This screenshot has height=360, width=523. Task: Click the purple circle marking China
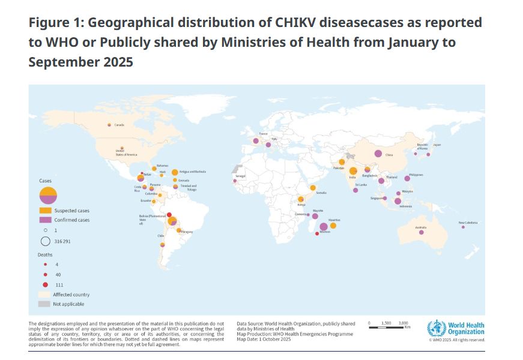tap(378, 154)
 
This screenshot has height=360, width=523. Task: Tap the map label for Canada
tap(119, 125)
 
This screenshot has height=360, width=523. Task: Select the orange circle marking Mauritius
tap(333, 226)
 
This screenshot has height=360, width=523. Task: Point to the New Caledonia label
tap(468, 223)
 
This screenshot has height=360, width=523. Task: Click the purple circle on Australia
tap(422, 232)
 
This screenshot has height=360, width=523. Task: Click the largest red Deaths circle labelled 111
tap(46, 284)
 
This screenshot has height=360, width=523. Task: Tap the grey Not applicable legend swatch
tap(45, 304)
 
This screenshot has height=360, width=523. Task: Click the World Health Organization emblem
tap(437, 329)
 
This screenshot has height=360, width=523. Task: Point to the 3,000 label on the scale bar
tap(404, 323)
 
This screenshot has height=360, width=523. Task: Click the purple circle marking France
tap(256, 141)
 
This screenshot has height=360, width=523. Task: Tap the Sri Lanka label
tap(361, 184)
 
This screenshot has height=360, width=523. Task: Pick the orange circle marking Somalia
tap(313, 188)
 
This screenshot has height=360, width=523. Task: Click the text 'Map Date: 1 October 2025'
tap(264, 339)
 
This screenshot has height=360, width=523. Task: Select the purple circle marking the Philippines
tap(408, 178)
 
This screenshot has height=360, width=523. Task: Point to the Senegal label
tap(240, 176)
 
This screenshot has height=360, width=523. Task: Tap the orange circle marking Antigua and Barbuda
tap(175, 172)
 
